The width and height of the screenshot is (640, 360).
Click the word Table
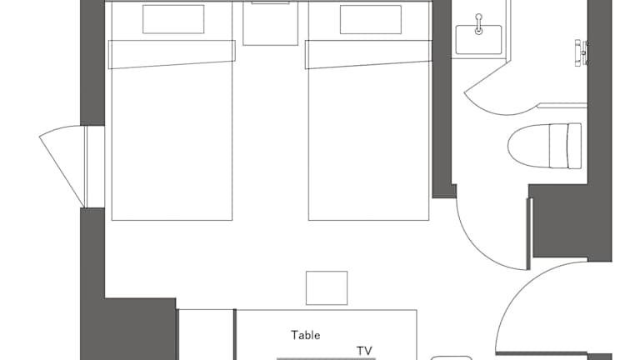[305, 335]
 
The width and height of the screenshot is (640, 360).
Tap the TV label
[364, 351]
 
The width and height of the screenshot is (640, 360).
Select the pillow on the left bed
[173, 19]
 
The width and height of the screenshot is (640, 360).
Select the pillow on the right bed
[371, 20]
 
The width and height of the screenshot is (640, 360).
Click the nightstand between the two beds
[270, 23]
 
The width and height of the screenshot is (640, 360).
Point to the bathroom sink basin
[479, 40]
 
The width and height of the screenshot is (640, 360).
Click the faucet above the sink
[479, 23]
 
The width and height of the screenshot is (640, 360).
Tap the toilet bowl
[529, 146]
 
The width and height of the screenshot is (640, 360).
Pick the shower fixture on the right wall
[582, 53]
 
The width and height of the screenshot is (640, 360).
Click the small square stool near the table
[327, 287]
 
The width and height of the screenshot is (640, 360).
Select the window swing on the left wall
[61, 163]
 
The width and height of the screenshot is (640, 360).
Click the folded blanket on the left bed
[172, 54]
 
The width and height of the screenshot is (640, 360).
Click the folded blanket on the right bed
[368, 54]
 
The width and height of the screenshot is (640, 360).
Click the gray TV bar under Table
[326, 359]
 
